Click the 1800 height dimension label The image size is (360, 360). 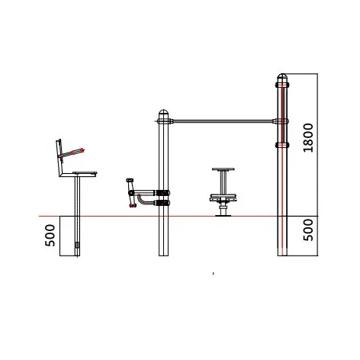(308, 137)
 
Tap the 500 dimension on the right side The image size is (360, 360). (308, 230)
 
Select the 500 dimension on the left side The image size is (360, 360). (50, 235)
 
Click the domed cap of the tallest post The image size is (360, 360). (282, 76)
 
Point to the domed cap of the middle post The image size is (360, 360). (163, 112)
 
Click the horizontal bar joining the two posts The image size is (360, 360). (223, 121)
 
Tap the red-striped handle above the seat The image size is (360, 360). (72, 153)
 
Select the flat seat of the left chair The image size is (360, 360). (85, 174)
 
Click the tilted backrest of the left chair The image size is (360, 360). (59, 157)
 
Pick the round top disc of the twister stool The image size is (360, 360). (223, 169)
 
